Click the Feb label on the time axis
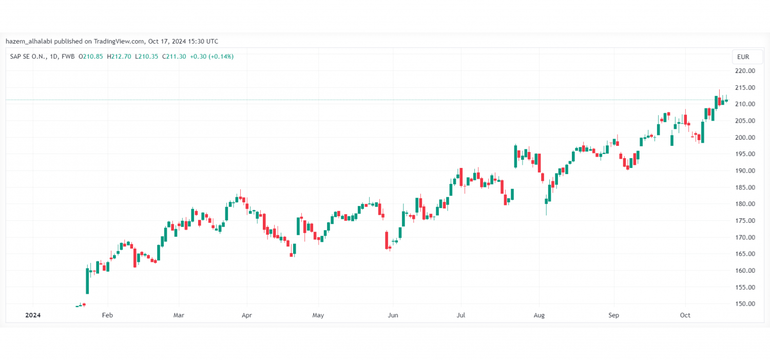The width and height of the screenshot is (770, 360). point(107,315)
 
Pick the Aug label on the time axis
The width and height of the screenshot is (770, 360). point(538,315)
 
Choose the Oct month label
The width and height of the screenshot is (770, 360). point(685,315)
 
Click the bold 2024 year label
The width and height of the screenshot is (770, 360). point(33,315)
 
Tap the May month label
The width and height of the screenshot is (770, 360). point(318,315)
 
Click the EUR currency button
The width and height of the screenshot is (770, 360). point(743,56)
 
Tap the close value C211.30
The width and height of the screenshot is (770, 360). point(174,56)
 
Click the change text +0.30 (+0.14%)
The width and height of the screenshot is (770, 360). point(211,56)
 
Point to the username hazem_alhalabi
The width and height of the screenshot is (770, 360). point(29,41)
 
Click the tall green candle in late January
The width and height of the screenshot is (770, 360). point(87,280)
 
